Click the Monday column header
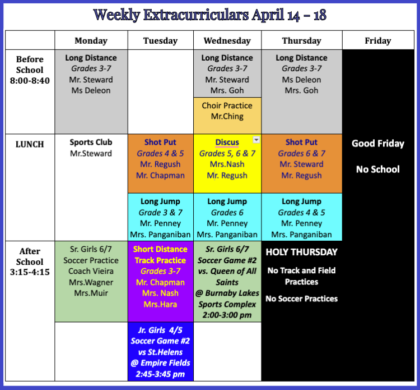tap(91, 40)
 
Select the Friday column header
tap(377, 40)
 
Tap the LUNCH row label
tap(30, 144)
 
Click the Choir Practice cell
tap(227, 116)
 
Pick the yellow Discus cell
tap(227, 163)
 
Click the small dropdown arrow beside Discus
tap(256, 140)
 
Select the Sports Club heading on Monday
tap(91, 142)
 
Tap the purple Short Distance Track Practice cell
tap(161, 281)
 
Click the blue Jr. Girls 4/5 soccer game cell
tap(161, 351)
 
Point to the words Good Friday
tap(378, 143)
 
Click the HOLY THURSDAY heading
tap(302, 252)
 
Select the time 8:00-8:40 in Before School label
tap(30, 80)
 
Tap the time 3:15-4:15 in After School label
tap(30, 272)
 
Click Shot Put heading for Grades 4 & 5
tap(160, 142)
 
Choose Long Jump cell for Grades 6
tap(227, 217)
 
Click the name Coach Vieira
tap(91, 271)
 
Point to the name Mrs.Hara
tap(160, 304)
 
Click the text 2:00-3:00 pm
tap(227, 315)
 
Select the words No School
tap(378, 169)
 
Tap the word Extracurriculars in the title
tap(196, 15)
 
